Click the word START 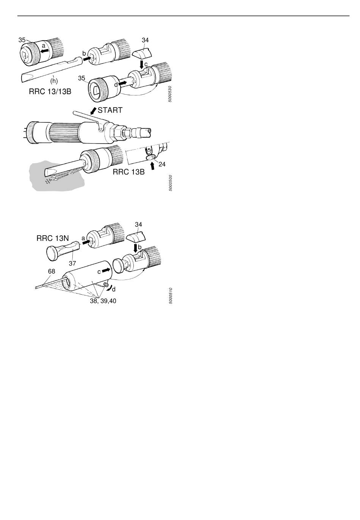coord(110,110)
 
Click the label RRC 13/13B coord(50,92)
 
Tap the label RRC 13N coord(52,238)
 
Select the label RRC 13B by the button coord(128,172)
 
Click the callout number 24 coord(162,164)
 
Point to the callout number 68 coord(51,271)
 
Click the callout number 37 coord(72,263)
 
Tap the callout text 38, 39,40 coord(103,301)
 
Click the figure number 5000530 coord(170,94)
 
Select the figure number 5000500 coord(170,183)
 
